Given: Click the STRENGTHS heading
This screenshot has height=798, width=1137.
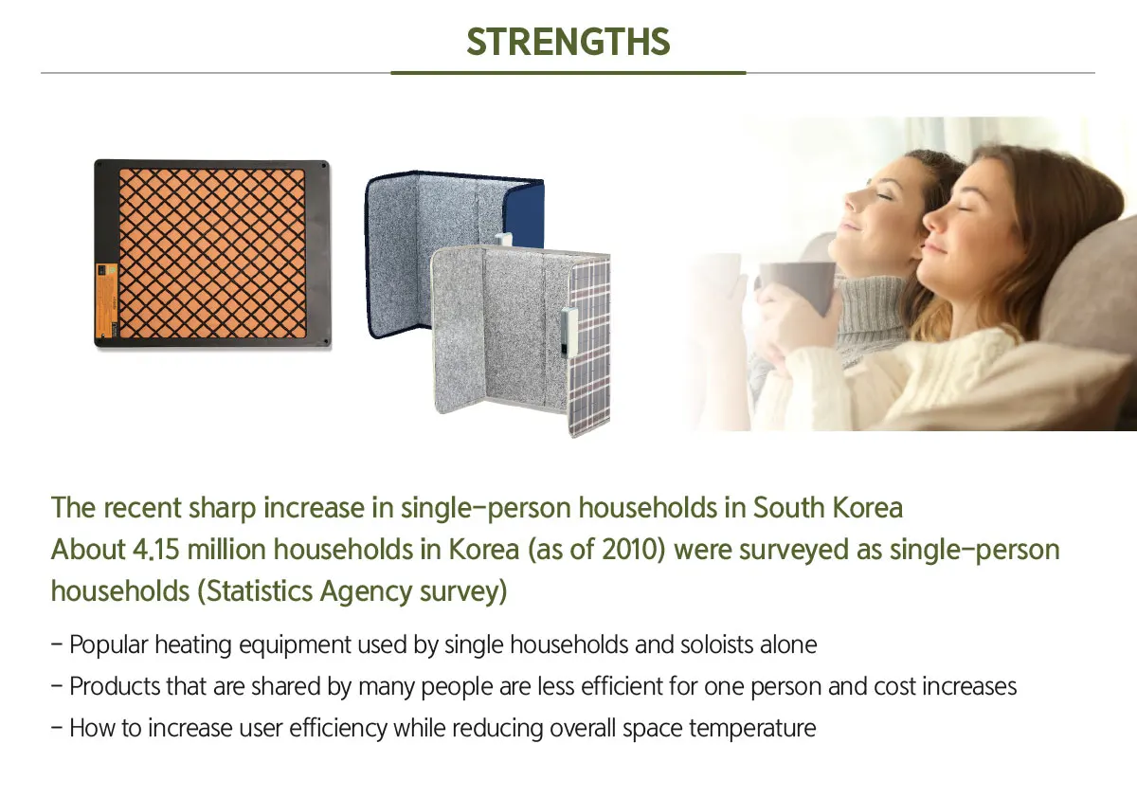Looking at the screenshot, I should (568, 42).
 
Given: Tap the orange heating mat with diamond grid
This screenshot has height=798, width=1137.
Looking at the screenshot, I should (212, 253).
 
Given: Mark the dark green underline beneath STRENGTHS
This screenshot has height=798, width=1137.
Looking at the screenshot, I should (568, 72).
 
